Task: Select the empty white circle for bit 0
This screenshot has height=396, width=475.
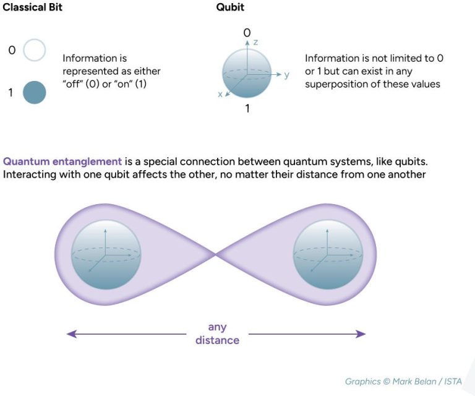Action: (35, 51)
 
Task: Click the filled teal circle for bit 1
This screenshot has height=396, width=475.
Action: (35, 92)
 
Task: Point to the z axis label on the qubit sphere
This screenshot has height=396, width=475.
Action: (254, 42)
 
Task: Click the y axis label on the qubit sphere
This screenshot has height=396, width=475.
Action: (286, 75)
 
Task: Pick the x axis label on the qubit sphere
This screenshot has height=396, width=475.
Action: (220, 95)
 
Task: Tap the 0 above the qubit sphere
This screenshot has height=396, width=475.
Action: (247, 32)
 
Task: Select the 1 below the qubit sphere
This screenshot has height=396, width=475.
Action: (247, 109)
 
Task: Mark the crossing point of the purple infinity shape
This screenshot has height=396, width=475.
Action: (216, 254)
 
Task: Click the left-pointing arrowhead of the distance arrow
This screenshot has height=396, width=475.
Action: (71, 334)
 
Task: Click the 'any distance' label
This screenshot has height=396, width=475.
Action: (217, 334)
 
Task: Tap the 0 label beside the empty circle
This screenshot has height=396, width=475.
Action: (11, 49)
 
